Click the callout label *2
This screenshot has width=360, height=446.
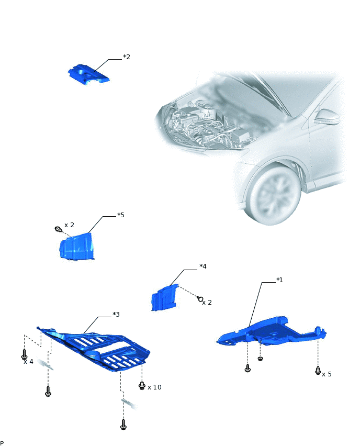(127, 57)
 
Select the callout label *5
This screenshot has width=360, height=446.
(121, 215)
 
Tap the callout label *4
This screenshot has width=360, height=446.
(203, 266)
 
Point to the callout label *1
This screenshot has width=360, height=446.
(279, 280)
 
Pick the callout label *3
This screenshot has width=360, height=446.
(116, 314)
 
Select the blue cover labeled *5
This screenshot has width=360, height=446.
(76, 247)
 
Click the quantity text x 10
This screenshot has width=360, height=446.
(154, 387)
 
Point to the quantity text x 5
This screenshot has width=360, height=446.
(327, 374)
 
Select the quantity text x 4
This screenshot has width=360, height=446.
(28, 362)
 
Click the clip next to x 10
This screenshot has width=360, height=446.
(142, 385)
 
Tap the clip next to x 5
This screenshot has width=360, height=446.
(318, 370)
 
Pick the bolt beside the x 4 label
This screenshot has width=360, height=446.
(25, 354)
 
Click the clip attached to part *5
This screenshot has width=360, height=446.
(58, 229)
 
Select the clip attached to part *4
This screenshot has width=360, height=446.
(200, 299)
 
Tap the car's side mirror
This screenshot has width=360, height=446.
(327, 117)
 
